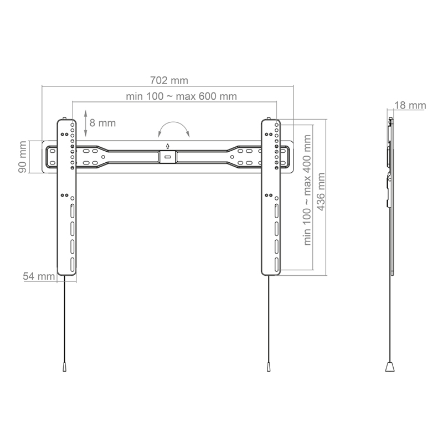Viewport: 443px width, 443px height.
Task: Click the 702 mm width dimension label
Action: click(x=169, y=80)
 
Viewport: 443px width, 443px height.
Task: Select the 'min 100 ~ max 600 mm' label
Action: click(x=181, y=96)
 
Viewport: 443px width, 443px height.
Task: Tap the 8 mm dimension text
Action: click(x=102, y=123)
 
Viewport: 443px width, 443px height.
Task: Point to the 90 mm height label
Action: click(x=22, y=157)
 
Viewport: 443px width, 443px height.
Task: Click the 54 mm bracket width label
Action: click(x=39, y=276)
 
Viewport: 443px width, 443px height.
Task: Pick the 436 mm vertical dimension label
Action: click(x=321, y=192)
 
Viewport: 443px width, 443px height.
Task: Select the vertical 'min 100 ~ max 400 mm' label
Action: click(x=307, y=190)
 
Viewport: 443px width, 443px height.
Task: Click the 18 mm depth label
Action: click(x=410, y=105)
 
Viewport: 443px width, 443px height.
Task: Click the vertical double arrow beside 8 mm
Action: click(x=86, y=123)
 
